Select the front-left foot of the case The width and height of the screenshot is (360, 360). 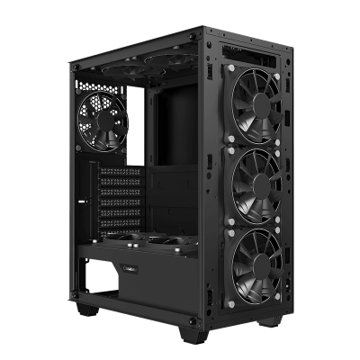click(86, 310)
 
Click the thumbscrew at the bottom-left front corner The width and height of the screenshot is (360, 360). click(76, 294)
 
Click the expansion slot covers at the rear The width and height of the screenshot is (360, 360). click(121, 193)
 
